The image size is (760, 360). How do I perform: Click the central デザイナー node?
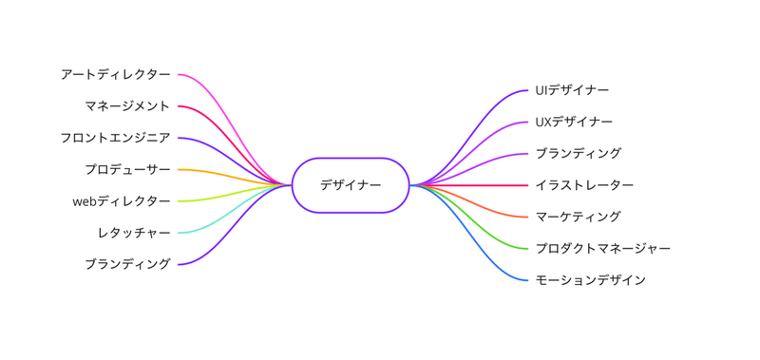pos(351,185)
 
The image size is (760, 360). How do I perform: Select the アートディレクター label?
pos(115,74)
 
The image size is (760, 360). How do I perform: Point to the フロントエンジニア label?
pos(115,138)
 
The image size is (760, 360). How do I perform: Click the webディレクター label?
pos(121,201)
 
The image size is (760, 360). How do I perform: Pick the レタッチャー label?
pos(133,233)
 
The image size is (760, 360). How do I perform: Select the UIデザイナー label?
pos(572,90)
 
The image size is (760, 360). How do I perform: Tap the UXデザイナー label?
pos(574,122)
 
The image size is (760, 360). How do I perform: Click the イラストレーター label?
pos(584,185)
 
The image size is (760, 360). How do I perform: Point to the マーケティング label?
pos(578,217)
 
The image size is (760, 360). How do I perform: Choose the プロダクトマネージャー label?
pos(602,249)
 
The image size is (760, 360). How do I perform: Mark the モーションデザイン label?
pos(590,280)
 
